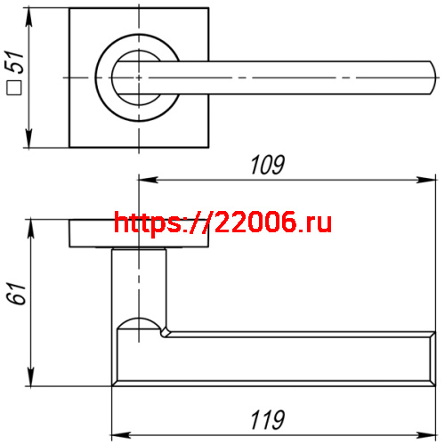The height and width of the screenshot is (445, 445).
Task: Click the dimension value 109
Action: (x=267, y=166)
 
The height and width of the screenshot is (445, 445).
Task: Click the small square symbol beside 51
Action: (x=13, y=88)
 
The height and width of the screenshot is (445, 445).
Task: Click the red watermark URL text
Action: (x=223, y=222)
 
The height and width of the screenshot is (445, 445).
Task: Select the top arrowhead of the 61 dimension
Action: (x=32, y=222)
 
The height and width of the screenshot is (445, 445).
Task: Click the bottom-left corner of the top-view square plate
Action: (x=70, y=145)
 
